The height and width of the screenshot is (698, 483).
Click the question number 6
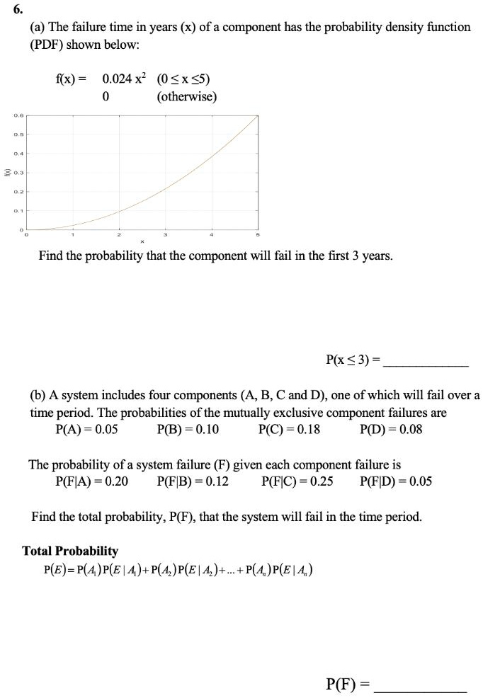[x=17, y=9]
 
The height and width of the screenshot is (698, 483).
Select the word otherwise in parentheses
[x=186, y=96]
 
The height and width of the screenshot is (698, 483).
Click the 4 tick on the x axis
[x=212, y=235]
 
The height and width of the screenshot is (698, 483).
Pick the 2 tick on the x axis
[x=119, y=235]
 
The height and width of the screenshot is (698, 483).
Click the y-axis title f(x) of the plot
[x=6, y=171]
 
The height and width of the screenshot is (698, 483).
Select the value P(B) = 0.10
[x=188, y=430]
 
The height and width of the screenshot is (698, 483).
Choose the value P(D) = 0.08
[x=391, y=430]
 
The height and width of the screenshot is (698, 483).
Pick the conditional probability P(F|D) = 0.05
[x=396, y=482]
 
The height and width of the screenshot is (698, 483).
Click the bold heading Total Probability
[x=70, y=551]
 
